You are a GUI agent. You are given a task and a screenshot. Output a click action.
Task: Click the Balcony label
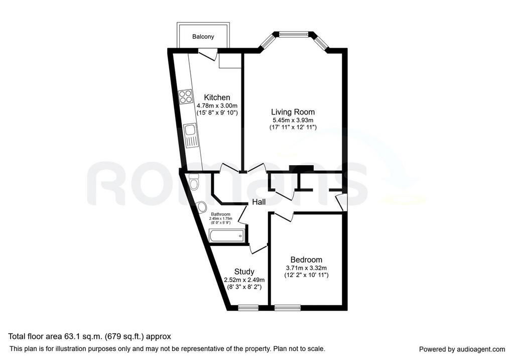click(203, 36)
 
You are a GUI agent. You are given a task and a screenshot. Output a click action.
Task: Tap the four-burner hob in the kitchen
click(185, 96)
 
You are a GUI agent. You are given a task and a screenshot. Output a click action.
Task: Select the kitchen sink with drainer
click(191, 136)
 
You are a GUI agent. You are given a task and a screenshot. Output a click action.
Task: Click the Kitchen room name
click(217, 97)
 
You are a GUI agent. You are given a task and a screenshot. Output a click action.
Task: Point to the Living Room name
click(293, 112)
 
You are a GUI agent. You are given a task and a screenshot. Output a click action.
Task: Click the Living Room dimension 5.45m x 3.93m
click(293, 121)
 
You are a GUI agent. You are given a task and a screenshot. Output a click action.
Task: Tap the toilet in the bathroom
click(194, 182)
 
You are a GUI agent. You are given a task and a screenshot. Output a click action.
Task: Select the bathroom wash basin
click(201, 207)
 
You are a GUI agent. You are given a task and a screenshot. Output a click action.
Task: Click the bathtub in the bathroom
click(226, 235)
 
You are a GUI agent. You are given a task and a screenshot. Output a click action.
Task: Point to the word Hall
click(259, 202)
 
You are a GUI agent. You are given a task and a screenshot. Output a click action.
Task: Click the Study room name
click(244, 272)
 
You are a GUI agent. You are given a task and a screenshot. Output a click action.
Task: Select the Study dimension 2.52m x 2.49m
click(244, 280)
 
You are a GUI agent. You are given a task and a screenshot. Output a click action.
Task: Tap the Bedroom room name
click(306, 260)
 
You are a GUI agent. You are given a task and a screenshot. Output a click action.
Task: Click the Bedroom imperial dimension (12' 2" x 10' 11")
click(306, 275)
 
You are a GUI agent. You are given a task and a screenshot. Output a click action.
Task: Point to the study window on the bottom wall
click(248, 308)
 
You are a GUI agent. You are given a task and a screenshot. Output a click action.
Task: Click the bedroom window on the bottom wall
click(288, 308)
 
